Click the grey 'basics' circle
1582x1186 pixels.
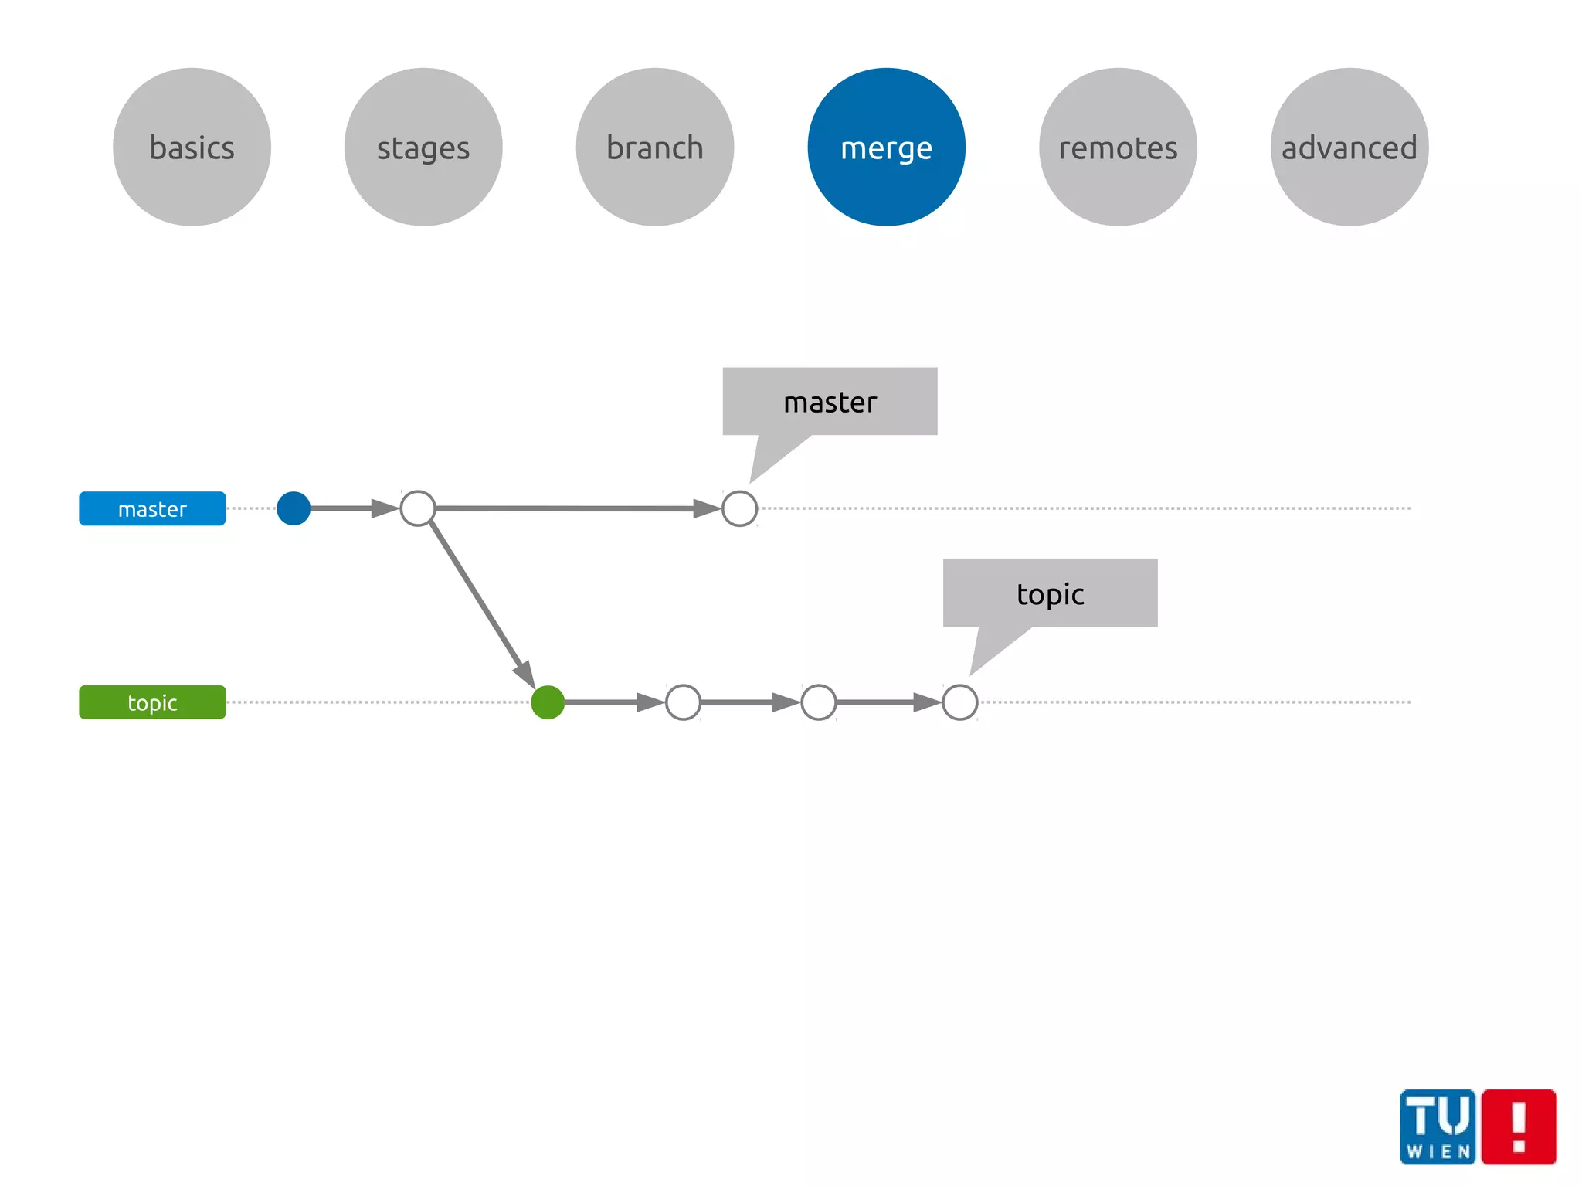point(192,147)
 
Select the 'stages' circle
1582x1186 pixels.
point(423,147)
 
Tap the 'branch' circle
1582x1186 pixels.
point(655,147)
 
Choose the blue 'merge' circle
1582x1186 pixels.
point(886,147)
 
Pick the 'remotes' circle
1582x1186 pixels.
point(1118,147)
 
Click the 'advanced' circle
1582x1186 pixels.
point(1349,147)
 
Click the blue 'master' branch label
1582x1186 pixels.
point(152,508)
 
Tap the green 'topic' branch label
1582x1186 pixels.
point(152,702)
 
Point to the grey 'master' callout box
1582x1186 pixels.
point(830,402)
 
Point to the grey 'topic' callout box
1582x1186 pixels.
point(1050,593)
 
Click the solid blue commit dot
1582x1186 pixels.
point(294,508)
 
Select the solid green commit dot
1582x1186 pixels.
point(548,702)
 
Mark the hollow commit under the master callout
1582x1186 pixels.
point(739,508)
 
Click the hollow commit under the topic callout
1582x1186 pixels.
point(960,702)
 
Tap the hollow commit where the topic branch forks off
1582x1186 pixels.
point(418,508)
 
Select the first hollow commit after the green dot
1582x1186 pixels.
point(683,702)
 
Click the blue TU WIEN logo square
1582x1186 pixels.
point(1438,1127)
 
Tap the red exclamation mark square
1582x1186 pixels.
point(1519,1127)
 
